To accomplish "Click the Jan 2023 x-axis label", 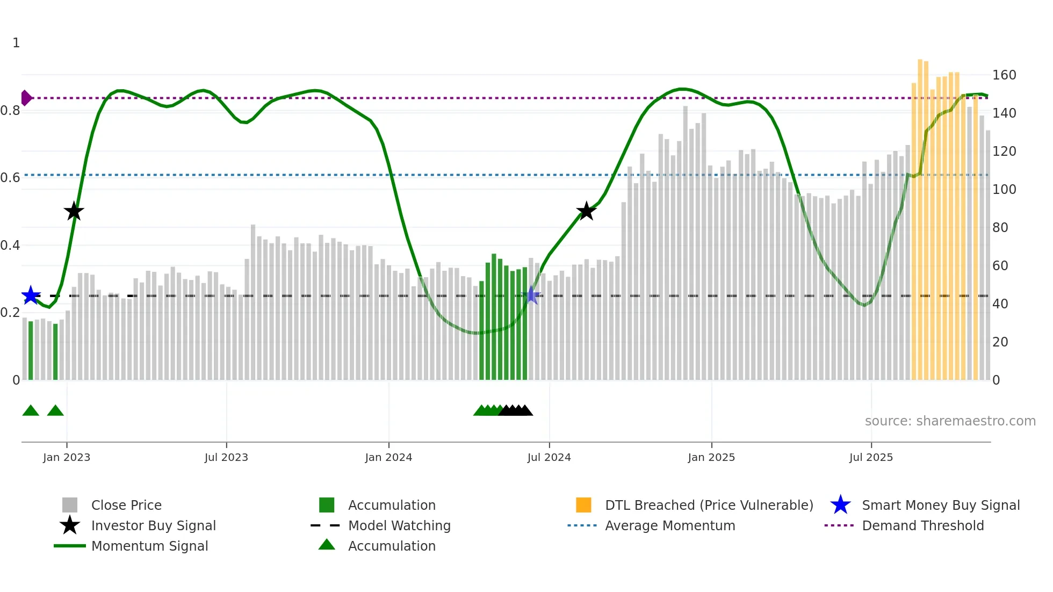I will [67, 458].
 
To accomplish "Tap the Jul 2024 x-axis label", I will [549, 458].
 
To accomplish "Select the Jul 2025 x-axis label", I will [871, 458].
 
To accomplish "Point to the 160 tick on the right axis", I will [1004, 75].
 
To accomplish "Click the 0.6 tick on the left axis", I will [10, 178].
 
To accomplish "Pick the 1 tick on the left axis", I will [16, 43].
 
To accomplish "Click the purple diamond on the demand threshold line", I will [26, 98].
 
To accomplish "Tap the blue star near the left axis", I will [31, 295].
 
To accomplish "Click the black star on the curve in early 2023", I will [74, 211].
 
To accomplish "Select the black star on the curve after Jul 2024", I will [586, 211].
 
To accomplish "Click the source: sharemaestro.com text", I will [950, 421].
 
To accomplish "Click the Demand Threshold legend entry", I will [922, 526].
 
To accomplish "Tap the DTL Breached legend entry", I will [709, 506].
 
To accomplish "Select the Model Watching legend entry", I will [399, 526].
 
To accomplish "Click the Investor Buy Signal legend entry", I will [153, 526].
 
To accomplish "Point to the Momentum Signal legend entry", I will [149, 546].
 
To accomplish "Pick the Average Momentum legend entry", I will [669, 526].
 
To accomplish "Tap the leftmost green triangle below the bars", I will [31, 411].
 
